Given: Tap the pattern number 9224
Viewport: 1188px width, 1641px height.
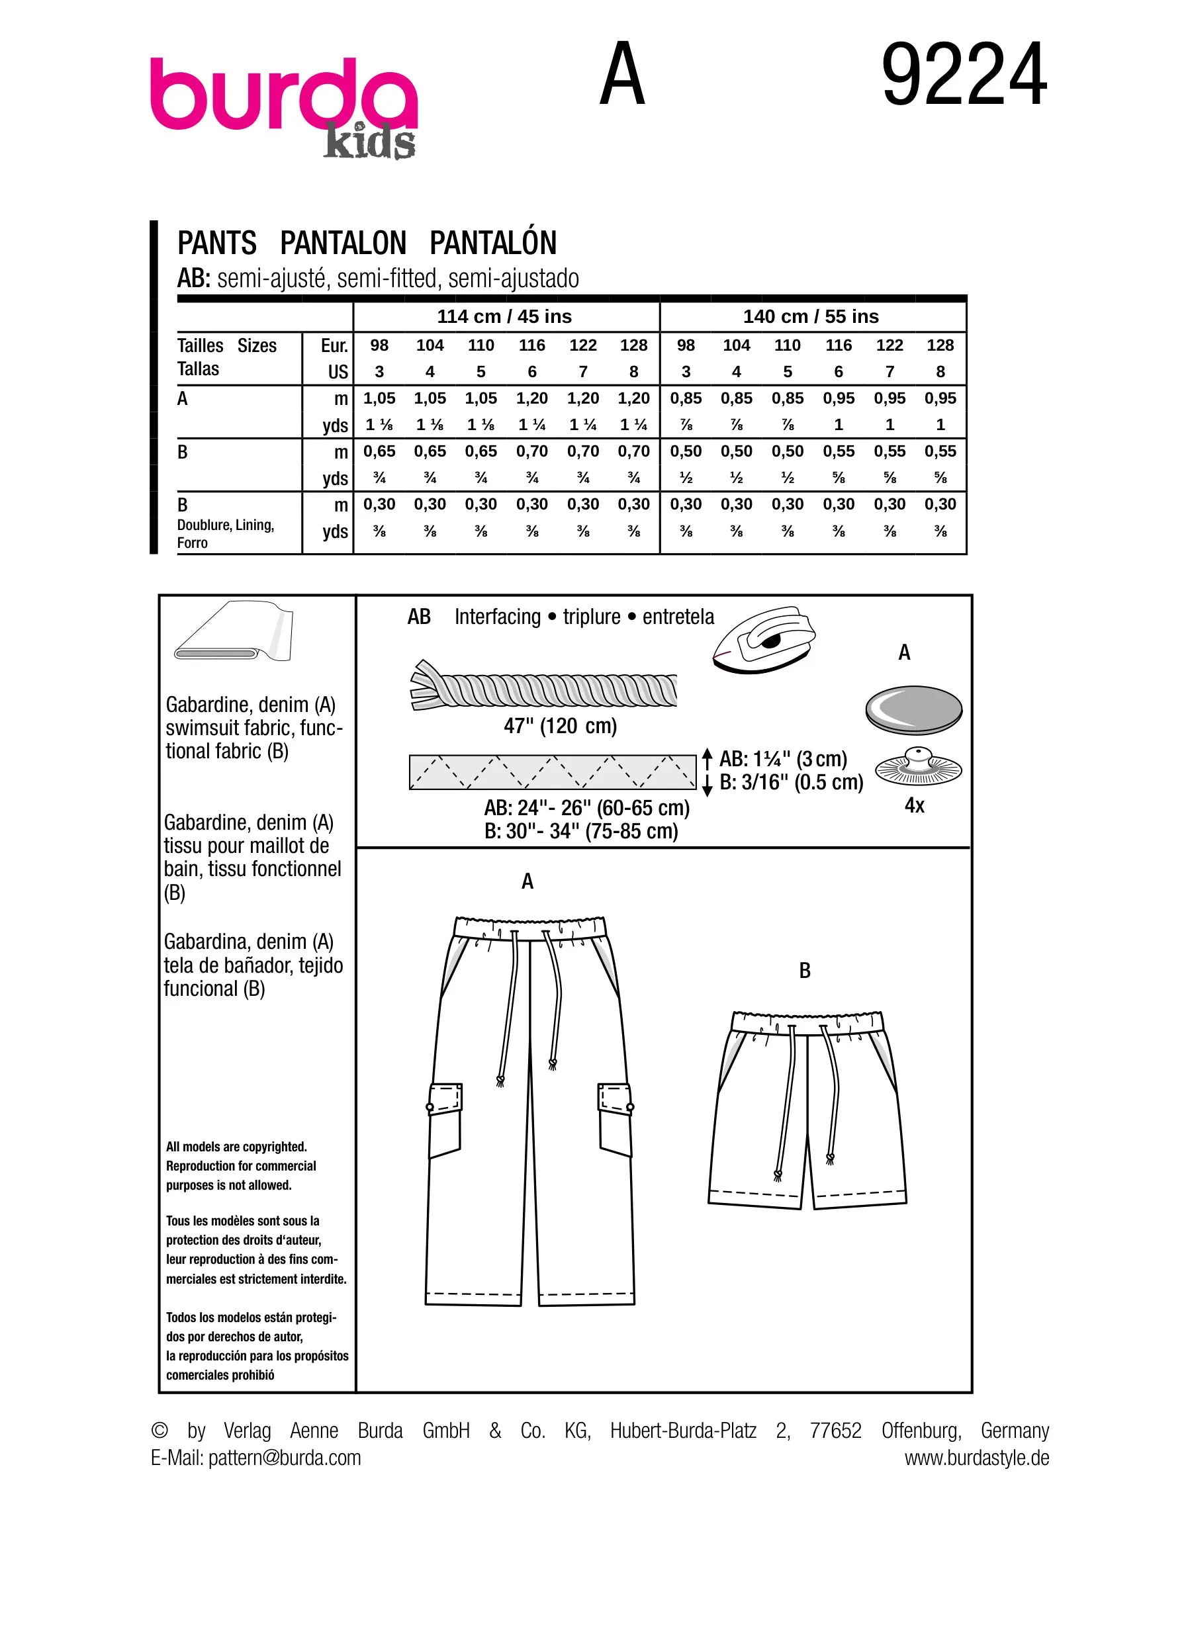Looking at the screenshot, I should tap(964, 76).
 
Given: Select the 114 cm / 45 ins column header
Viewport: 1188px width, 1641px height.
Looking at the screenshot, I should tap(504, 317).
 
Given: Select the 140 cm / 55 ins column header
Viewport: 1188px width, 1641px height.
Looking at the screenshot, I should tap(810, 317).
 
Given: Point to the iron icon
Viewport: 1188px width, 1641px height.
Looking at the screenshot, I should tap(764, 640).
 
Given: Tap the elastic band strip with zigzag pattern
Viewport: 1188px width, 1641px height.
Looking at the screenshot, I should tap(552, 772).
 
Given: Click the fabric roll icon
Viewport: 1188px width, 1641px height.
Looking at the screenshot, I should tap(233, 631).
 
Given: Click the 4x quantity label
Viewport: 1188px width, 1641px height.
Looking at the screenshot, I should tap(915, 805).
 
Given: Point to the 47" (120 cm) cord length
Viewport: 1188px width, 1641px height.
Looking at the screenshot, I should tap(560, 726).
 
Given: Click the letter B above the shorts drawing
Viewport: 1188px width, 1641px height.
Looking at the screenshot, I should tap(805, 971).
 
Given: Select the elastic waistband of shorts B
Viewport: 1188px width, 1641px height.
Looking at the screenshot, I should tap(807, 1021).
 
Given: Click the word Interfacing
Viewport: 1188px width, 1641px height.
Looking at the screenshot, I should tap(497, 617).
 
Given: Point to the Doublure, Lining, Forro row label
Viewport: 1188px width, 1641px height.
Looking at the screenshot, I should tap(225, 533).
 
